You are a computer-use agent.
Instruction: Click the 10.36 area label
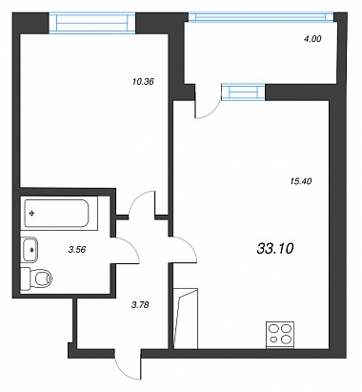pos(143,82)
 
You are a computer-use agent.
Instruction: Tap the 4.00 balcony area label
pos(312,39)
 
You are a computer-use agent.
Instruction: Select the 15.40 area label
pos(301,181)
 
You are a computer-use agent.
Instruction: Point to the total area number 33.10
pos(275,249)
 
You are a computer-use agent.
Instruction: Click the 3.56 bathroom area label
pos(77,250)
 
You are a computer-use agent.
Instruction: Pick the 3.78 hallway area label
pos(140,305)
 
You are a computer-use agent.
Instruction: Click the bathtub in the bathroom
pos(56,213)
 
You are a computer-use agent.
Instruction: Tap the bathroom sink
pos(30,250)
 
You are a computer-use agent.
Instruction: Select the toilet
pos(36,279)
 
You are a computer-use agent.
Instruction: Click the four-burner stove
pos(280,335)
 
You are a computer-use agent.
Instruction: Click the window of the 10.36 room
pos(92,22)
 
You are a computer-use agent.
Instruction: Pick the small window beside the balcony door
pos(243,92)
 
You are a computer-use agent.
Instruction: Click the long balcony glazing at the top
pos(261,17)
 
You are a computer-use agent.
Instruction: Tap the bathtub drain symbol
pos(31,214)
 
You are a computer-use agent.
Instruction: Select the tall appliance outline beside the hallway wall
pos(186,319)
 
